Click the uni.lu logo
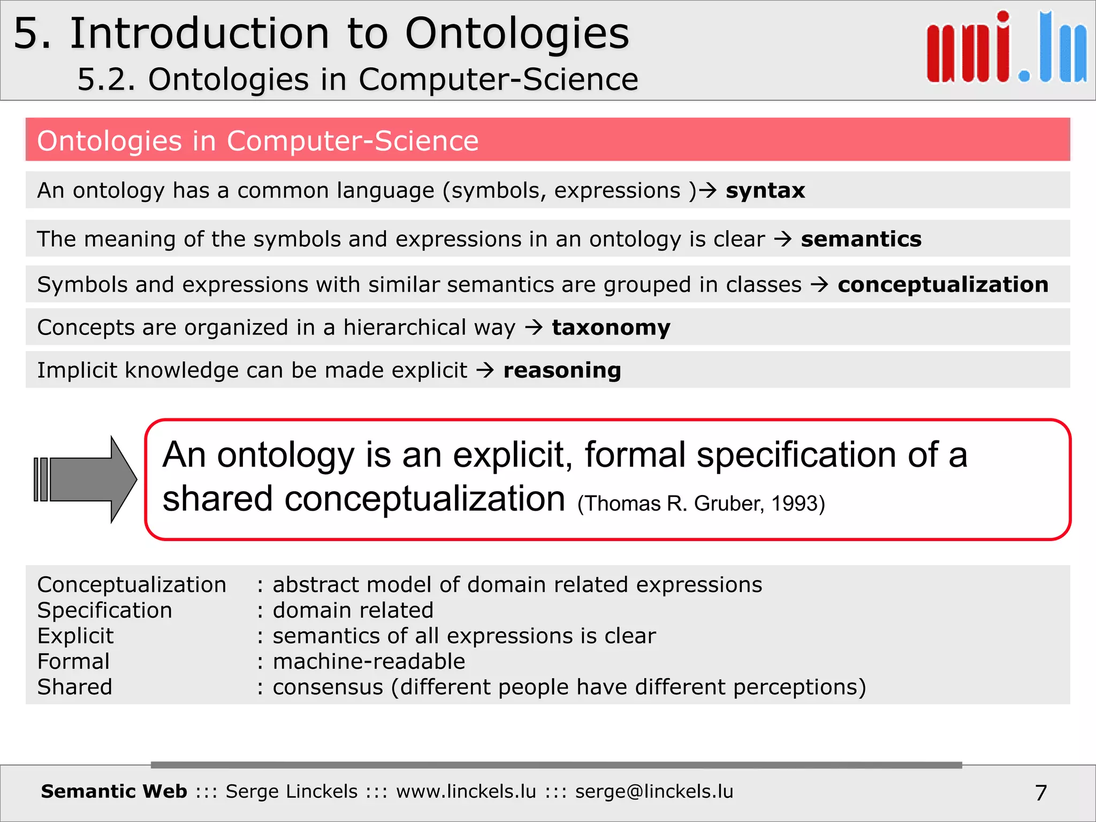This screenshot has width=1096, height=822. (1006, 48)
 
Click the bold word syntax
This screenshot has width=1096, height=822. (765, 191)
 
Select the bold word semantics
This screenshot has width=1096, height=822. (861, 239)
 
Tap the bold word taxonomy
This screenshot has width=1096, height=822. (611, 328)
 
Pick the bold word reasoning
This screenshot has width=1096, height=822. (562, 370)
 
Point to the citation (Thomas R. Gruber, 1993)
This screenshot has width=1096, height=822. (701, 504)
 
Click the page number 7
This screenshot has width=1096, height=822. (1041, 793)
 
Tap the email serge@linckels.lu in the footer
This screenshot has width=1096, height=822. (654, 791)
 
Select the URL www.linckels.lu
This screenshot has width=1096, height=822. (466, 791)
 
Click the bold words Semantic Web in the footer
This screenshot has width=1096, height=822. (114, 791)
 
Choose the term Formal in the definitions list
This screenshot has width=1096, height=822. (73, 661)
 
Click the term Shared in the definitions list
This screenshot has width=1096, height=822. (75, 687)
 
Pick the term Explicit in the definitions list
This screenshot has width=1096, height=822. (75, 636)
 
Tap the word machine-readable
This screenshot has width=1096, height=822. (369, 661)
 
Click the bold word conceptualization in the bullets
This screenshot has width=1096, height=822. (943, 285)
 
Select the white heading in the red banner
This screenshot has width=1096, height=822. (257, 141)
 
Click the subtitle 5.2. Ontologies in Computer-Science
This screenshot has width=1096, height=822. (357, 80)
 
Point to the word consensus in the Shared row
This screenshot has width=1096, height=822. (328, 687)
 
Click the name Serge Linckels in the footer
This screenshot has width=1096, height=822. (291, 791)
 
